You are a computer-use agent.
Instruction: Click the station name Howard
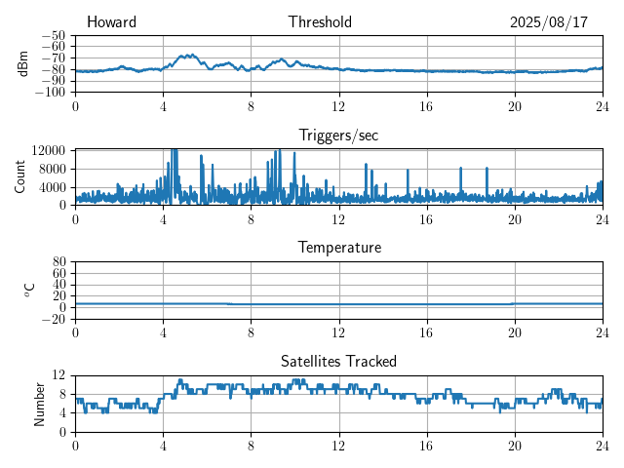point(111,22)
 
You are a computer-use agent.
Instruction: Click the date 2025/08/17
point(549,22)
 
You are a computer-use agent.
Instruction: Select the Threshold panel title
point(320,22)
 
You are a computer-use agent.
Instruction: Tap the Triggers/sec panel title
point(338,136)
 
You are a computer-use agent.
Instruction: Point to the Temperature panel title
point(338,248)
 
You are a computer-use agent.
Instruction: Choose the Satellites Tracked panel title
point(338,361)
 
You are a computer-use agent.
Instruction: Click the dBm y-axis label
point(23,63)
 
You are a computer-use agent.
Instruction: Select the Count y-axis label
point(20,176)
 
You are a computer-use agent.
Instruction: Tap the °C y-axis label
point(29,290)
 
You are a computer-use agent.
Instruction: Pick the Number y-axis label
point(39,403)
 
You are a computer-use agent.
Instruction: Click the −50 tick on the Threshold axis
point(54,35)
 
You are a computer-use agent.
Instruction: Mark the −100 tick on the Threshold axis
point(51,93)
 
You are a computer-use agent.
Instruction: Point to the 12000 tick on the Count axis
point(48,150)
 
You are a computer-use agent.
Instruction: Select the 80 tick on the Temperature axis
point(58,262)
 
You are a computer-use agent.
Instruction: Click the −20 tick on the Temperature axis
point(54,319)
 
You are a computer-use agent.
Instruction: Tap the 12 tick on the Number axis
point(58,375)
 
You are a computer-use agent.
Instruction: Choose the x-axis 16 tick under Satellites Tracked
point(427,445)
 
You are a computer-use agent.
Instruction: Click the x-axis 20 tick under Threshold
point(515,105)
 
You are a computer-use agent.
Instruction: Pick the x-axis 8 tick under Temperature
point(251,331)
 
